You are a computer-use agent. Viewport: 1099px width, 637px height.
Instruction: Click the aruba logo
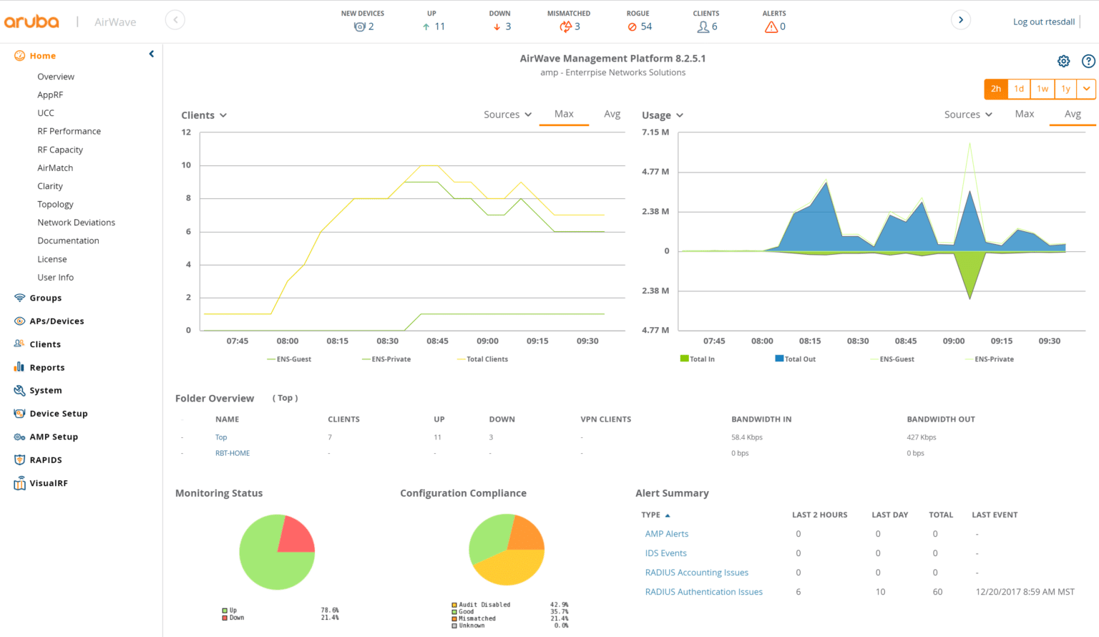click(x=31, y=21)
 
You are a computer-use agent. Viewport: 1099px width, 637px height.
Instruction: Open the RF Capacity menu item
click(x=60, y=150)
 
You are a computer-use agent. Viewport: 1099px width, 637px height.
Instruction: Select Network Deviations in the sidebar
click(x=76, y=223)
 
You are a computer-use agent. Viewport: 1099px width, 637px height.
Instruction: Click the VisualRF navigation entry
click(x=48, y=483)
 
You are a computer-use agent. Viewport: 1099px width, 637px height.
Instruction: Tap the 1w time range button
click(x=1042, y=89)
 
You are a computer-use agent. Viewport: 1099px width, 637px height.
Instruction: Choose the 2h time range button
click(x=995, y=89)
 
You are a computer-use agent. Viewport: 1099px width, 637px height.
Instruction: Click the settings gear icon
click(x=1063, y=62)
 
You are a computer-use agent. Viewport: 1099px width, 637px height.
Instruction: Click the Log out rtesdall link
click(x=1043, y=21)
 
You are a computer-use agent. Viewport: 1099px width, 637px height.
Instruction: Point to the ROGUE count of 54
click(x=640, y=26)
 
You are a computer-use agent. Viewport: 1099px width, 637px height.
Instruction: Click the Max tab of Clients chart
click(x=564, y=114)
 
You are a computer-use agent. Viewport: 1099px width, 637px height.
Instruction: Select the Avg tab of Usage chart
click(x=1072, y=114)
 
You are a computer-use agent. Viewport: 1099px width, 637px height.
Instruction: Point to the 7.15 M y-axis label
click(x=655, y=132)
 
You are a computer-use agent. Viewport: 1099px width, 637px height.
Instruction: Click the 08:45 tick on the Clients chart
click(x=437, y=341)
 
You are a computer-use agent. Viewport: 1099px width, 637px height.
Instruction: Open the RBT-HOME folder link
click(x=233, y=453)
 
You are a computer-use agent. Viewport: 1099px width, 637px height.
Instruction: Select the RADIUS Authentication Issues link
click(x=703, y=592)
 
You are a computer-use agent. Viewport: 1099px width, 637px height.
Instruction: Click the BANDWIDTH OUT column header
click(x=940, y=419)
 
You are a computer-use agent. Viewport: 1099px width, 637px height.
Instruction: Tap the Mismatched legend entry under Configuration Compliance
click(x=477, y=618)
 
